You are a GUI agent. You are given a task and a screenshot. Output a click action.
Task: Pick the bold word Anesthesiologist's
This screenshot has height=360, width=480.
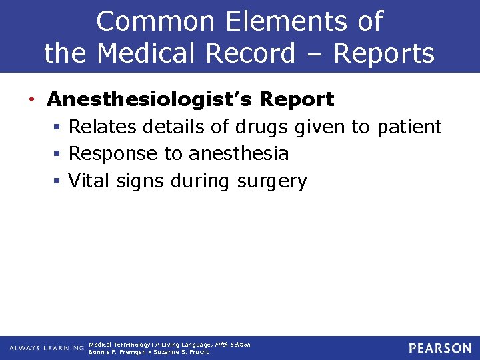click(x=149, y=99)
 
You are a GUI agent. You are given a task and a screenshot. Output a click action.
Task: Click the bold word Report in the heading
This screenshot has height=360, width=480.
click(x=297, y=99)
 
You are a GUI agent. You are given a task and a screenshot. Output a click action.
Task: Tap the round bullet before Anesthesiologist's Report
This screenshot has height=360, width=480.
click(x=32, y=100)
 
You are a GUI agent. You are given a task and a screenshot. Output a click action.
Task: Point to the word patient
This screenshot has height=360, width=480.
click(x=409, y=127)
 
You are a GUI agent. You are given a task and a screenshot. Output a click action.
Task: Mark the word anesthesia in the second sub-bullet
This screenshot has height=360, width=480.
click(x=239, y=154)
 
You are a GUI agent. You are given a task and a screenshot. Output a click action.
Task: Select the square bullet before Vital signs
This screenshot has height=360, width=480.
click(x=59, y=181)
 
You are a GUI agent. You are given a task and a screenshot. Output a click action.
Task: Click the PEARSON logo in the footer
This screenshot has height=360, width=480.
click(x=440, y=348)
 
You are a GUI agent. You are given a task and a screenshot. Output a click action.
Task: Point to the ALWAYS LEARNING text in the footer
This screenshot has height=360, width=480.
click(x=47, y=348)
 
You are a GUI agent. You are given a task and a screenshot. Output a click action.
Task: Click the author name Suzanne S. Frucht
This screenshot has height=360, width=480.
click(x=181, y=352)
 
